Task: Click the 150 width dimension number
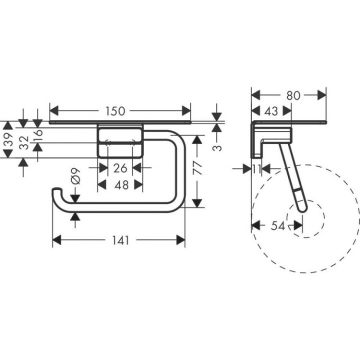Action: point(115,111)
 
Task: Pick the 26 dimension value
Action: point(120,168)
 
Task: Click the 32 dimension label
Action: point(23,143)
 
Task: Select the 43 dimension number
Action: point(270,111)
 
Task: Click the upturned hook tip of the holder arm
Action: point(56,191)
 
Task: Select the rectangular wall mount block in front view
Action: point(120,142)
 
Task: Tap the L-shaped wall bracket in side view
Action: point(260,137)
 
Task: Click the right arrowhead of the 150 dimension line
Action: point(186,110)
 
